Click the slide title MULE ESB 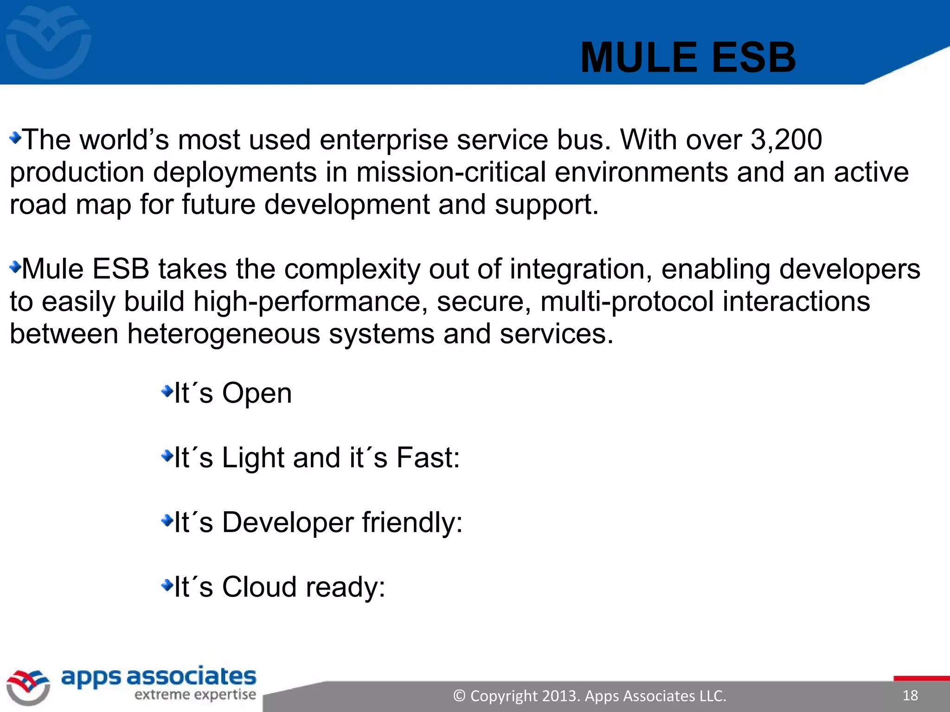(688, 58)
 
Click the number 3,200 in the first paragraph (786, 140)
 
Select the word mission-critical (451, 172)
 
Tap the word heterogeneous (224, 334)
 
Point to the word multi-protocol (627, 302)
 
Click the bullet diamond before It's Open (167, 392)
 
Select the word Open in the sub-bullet (257, 394)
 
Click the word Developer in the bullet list (287, 522)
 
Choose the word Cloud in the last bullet (259, 587)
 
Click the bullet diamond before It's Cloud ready (167, 586)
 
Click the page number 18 (910, 695)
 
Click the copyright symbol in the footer (459, 696)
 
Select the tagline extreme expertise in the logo (195, 694)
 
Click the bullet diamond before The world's (15, 138)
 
